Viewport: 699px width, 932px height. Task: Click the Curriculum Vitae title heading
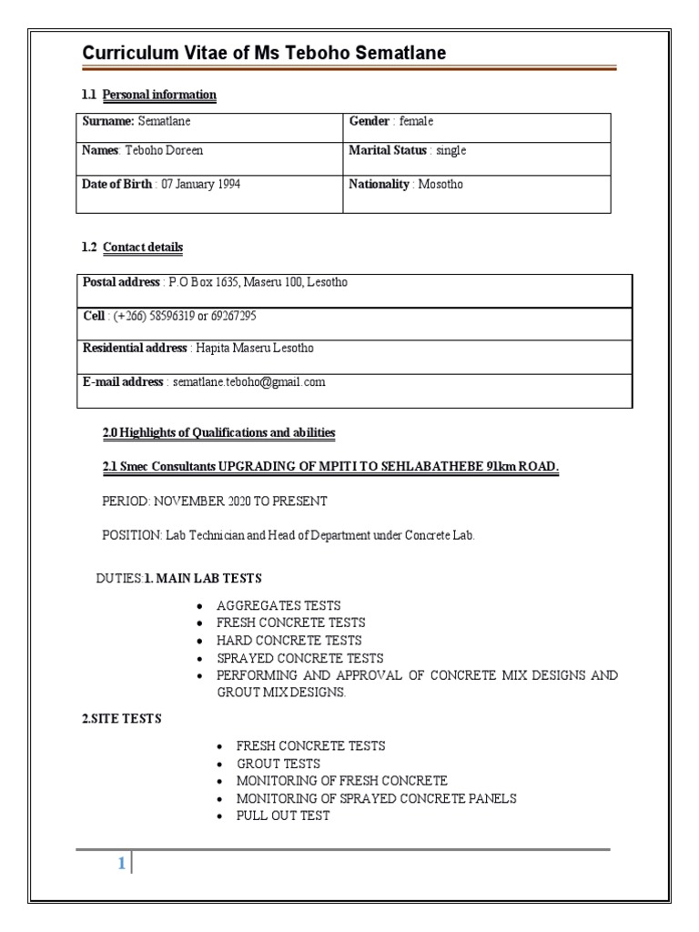coord(264,54)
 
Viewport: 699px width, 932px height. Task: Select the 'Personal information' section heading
coord(159,95)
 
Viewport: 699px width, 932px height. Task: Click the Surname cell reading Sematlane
coord(137,122)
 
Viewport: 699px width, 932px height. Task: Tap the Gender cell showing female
coord(391,122)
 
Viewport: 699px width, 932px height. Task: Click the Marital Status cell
coord(407,151)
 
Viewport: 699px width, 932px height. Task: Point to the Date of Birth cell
coord(161,185)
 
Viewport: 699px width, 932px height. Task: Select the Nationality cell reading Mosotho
coord(406,185)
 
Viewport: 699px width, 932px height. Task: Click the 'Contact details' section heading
coord(143,248)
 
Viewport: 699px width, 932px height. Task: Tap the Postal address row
coord(215,283)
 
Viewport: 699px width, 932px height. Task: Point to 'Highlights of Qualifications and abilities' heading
coord(218,432)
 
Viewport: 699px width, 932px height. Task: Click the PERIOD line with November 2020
coord(215,501)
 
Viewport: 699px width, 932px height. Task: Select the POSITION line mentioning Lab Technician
coord(288,535)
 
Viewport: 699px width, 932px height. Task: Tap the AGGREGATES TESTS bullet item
coord(279,605)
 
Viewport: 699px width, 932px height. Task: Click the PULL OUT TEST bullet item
coord(283,815)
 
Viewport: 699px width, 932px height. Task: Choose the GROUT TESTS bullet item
coord(279,764)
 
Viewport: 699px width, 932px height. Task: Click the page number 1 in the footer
coord(120,865)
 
